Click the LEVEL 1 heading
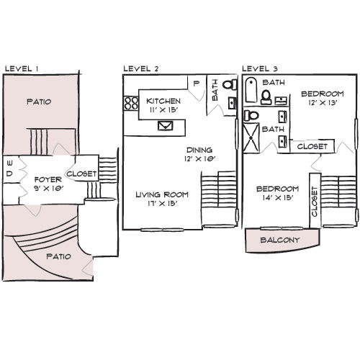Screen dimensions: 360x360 pyautogui.click(x=22, y=68)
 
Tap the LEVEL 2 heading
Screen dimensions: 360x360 pyautogui.click(x=140, y=68)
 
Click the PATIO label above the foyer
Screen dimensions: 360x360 pyautogui.click(x=38, y=102)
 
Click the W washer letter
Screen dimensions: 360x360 pyautogui.click(x=9, y=163)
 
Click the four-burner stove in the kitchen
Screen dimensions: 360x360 pyautogui.click(x=131, y=104)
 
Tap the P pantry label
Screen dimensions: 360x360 pyautogui.click(x=196, y=84)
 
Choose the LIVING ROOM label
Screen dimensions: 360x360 pyautogui.click(x=163, y=194)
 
